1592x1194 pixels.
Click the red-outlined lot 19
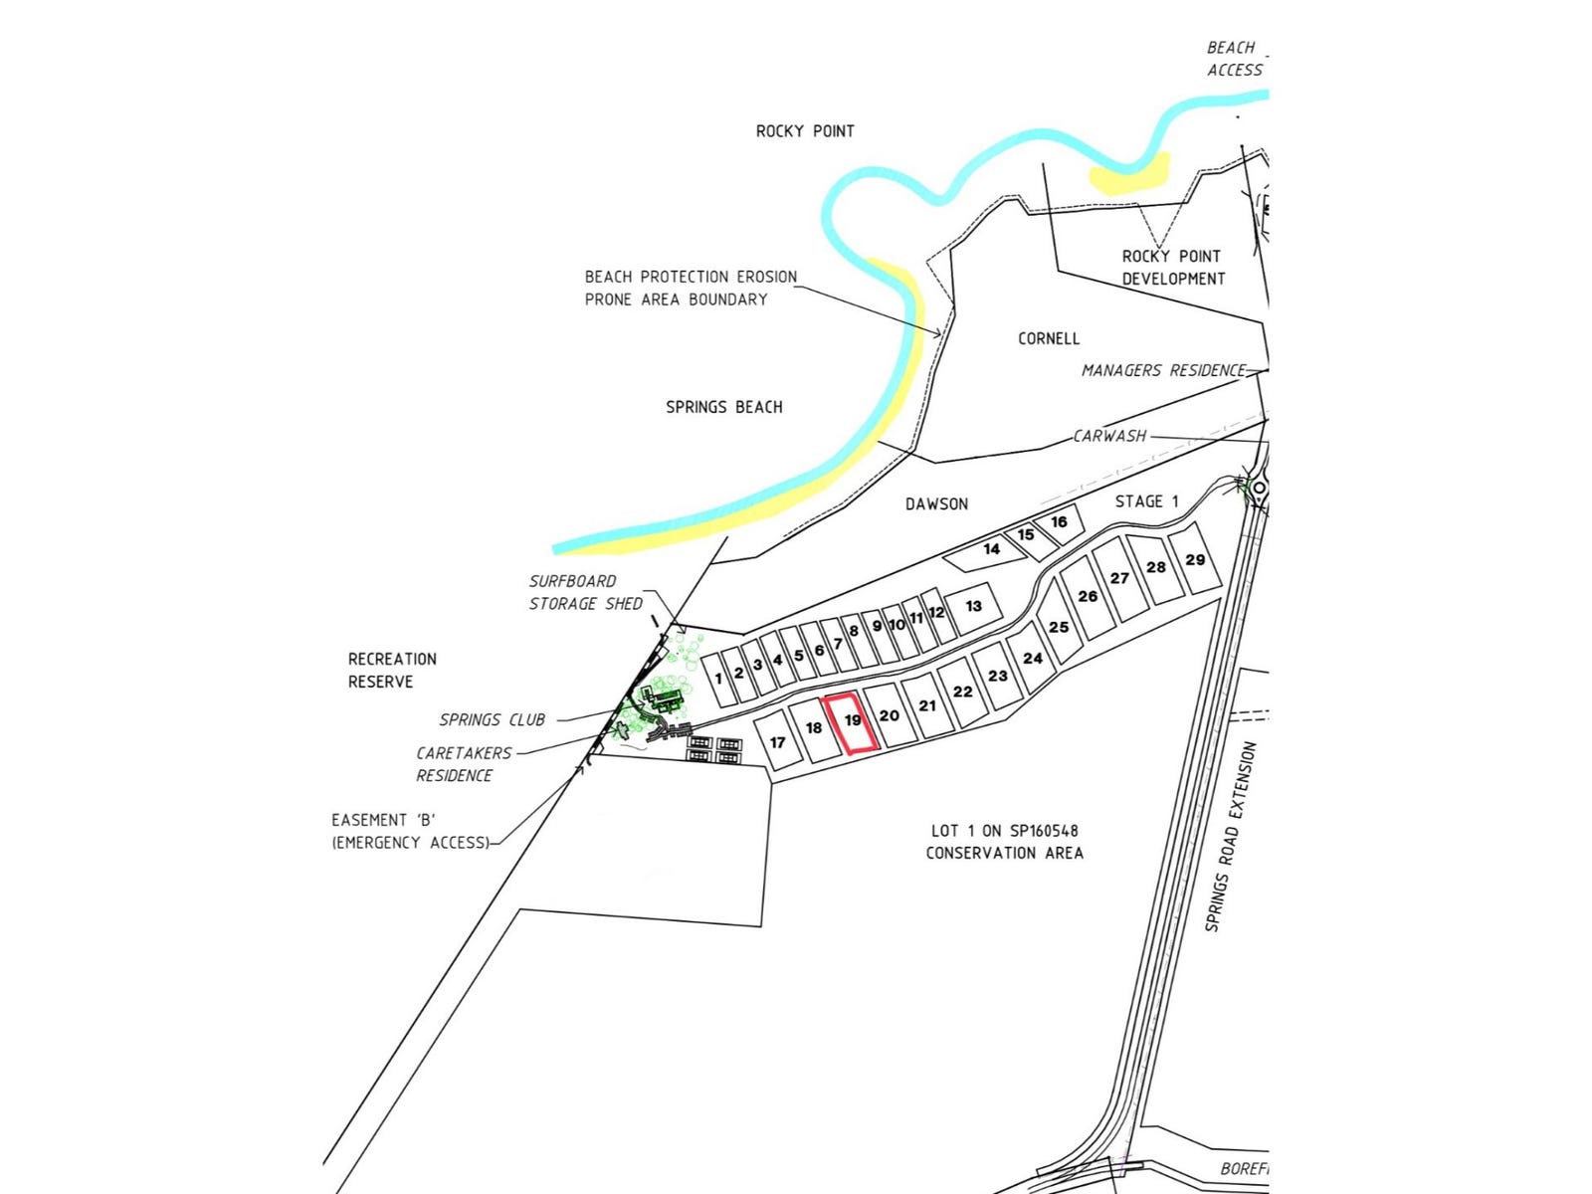(x=852, y=723)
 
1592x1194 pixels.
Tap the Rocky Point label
(x=805, y=131)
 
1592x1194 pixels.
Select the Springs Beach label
(x=723, y=407)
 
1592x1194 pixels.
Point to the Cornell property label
(x=1048, y=338)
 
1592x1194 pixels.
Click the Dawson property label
(x=936, y=504)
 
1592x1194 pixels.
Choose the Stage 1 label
(x=1146, y=501)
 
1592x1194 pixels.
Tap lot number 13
(x=973, y=606)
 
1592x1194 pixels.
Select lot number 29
(x=1195, y=560)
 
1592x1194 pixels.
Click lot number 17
(x=778, y=742)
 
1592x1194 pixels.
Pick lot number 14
(x=991, y=549)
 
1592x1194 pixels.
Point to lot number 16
(x=1059, y=521)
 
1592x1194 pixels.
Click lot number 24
(x=1033, y=658)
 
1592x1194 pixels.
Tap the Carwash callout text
(x=1109, y=436)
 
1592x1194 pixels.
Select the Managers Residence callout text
(x=1163, y=370)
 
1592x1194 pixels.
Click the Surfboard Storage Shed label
(x=585, y=592)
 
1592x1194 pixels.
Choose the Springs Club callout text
(x=492, y=720)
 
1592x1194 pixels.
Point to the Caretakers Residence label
(x=463, y=764)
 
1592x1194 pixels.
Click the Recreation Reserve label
(x=392, y=671)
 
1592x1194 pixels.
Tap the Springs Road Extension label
(x=1230, y=837)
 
